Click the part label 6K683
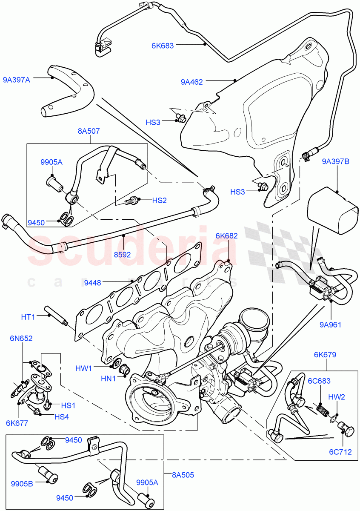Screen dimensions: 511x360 point(163,46)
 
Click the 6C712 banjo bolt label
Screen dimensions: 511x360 point(340,452)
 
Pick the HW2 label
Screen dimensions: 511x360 point(337,397)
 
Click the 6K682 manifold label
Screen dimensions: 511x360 point(226,236)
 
